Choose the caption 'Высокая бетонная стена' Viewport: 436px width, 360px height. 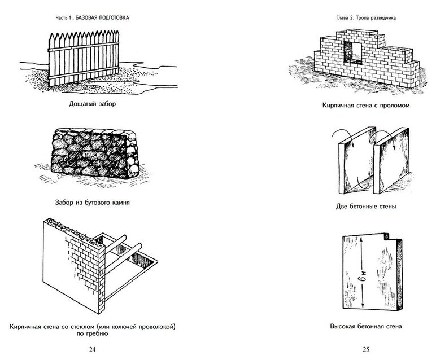tap(367, 326)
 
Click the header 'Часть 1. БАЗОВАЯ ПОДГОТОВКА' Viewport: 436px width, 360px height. tap(93, 17)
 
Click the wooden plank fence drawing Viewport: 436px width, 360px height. tap(85, 56)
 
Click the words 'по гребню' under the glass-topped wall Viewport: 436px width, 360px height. tap(93, 334)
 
